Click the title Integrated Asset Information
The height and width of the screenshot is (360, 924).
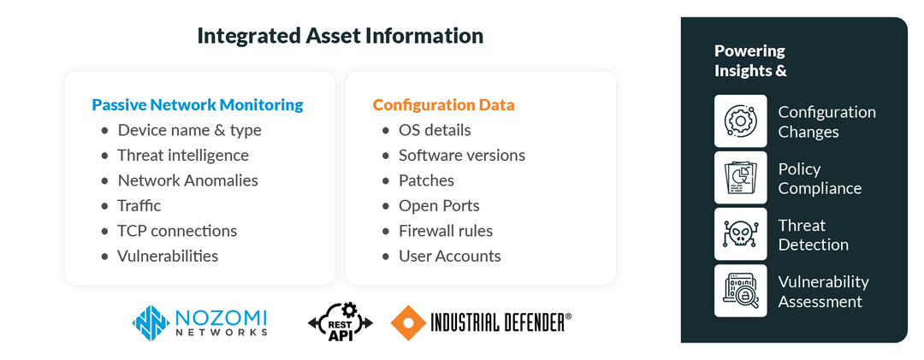(x=340, y=36)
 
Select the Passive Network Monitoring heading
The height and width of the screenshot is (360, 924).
(x=198, y=105)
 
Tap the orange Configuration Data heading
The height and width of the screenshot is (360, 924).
(x=443, y=105)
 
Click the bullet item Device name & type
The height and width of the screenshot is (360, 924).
(x=189, y=130)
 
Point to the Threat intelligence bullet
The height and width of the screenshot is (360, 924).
(x=183, y=155)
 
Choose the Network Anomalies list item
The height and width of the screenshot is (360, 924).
(x=187, y=180)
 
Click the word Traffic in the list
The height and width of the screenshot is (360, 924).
(x=139, y=205)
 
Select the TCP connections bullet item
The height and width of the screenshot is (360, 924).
(x=177, y=231)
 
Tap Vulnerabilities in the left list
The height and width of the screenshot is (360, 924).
(x=168, y=256)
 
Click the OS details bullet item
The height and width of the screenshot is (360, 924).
(x=435, y=130)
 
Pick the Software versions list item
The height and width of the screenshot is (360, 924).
(x=462, y=155)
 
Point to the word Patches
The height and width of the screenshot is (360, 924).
(x=426, y=180)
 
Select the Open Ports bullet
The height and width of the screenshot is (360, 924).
(x=439, y=205)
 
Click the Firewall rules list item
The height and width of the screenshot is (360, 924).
(x=446, y=231)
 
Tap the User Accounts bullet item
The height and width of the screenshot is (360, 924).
(x=450, y=256)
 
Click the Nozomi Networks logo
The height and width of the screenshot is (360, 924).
(x=199, y=322)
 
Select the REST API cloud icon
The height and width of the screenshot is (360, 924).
(x=341, y=322)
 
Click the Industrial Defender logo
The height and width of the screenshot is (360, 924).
(x=481, y=322)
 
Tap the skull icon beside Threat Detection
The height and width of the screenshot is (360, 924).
(x=740, y=234)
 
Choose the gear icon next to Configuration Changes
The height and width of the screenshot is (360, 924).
(x=740, y=121)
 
